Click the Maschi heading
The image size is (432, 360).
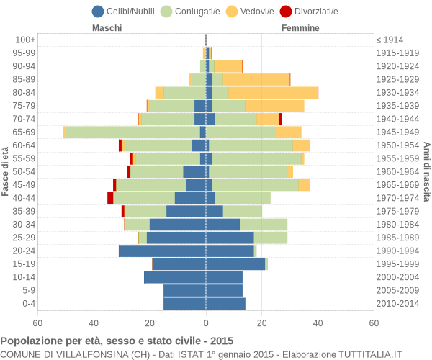tap(107, 28)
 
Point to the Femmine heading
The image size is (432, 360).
tap(300, 28)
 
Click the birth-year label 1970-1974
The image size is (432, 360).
tap(397, 198)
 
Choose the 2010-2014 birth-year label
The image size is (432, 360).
tap(397, 304)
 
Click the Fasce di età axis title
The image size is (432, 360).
tap(6, 171)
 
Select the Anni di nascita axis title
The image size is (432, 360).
tap(426, 171)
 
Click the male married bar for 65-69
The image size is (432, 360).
tap(132, 132)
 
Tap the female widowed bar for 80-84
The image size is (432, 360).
tap(273, 93)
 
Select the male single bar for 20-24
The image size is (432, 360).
tap(162, 251)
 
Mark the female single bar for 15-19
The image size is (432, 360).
tap(235, 264)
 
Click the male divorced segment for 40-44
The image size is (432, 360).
tap(110, 198)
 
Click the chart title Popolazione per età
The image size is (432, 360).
tap(117, 341)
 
